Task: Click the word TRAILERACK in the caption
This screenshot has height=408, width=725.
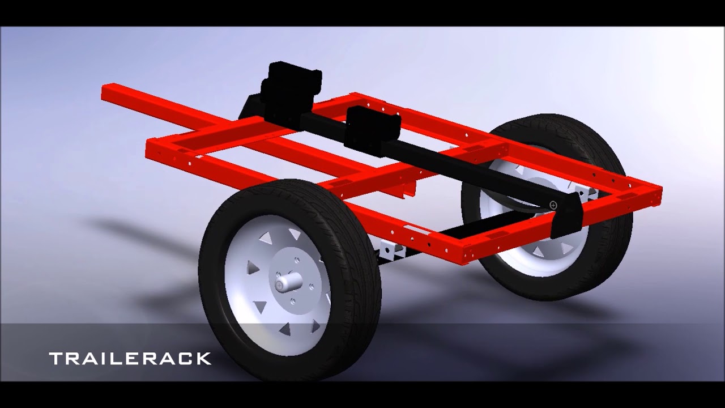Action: pyautogui.click(x=130, y=358)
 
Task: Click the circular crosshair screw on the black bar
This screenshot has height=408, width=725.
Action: pyautogui.click(x=553, y=205)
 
